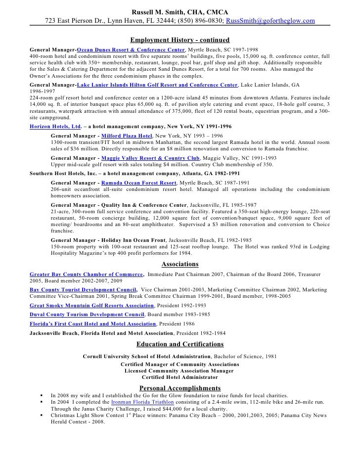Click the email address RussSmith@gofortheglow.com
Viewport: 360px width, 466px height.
[x=270, y=21]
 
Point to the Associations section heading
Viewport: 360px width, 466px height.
[x=180, y=264]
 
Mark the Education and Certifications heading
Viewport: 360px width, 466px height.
[x=180, y=344]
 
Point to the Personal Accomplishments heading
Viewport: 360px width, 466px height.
[x=180, y=387]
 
